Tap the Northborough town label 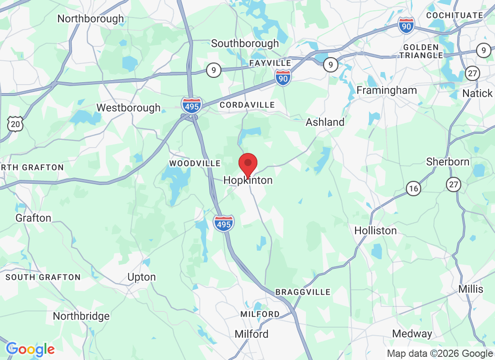pos(90,19)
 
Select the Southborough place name pos(245,44)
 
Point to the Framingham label pos(387,90)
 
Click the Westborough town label pos(128,108)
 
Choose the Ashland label pos(325,122)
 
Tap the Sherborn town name pos(448,162)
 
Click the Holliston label pos(375,231)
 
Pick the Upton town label pos(141,277)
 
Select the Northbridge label pos(81,316)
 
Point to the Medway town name pos(412,334)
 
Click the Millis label pos(471,289)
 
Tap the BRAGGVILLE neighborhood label pos(303,292)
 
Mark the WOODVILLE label pos(195,163)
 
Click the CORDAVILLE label pos(247,105)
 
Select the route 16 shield pos(414,188)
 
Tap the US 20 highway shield pos(15,123)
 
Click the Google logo pos(30,349)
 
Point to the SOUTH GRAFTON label pos(43,277)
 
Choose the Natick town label pos(477,94)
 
